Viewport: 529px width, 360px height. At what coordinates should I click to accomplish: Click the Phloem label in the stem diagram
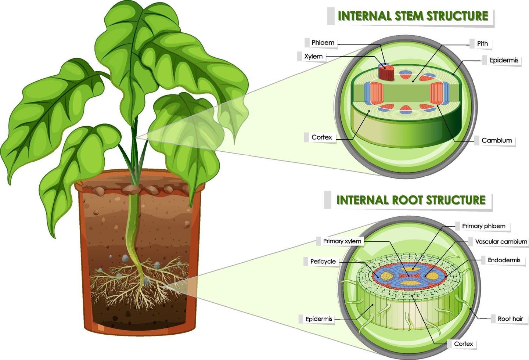323,43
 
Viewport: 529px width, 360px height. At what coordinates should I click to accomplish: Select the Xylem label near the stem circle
313,57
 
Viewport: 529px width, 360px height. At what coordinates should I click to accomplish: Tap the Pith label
482,44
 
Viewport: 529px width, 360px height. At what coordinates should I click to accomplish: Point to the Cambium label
497,140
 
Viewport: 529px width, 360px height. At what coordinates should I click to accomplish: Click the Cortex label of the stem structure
321,137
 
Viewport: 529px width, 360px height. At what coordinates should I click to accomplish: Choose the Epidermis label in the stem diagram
504,60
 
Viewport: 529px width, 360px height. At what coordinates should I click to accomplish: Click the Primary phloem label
483,226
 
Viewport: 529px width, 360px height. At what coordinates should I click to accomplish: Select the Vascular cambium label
501,242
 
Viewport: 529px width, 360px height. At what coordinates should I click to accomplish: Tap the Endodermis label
504,260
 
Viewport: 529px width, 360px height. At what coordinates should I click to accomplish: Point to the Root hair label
510,319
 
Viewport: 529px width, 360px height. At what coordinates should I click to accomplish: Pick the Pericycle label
323,262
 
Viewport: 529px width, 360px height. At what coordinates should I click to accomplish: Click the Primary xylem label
342,241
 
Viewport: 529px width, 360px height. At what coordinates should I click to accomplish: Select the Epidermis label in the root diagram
319,319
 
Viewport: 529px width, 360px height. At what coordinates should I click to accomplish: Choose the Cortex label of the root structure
463,344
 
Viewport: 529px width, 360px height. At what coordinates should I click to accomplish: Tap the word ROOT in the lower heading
408,200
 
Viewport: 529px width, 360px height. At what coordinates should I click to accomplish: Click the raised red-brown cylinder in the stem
386,73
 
